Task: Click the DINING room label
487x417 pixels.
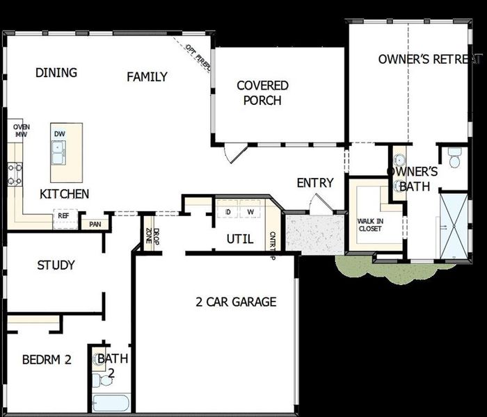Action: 56,73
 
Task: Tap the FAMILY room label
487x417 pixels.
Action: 147,76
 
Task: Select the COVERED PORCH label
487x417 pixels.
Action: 262,93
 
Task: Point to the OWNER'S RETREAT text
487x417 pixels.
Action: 429,59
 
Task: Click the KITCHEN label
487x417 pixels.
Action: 64,194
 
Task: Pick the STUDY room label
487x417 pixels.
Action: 56,265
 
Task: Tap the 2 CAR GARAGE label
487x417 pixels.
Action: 236,302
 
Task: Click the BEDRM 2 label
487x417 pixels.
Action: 47,359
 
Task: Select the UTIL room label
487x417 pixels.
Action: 240,240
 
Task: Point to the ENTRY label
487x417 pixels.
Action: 315,183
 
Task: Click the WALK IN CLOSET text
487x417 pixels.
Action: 370,224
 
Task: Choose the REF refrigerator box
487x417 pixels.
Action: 63,215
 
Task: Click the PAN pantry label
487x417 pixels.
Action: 95,224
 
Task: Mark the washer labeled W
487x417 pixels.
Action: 250,211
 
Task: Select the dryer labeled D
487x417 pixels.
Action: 227,211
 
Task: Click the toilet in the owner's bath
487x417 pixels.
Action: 455,158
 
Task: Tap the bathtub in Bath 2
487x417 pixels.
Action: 111,404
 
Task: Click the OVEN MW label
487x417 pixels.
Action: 20,131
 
